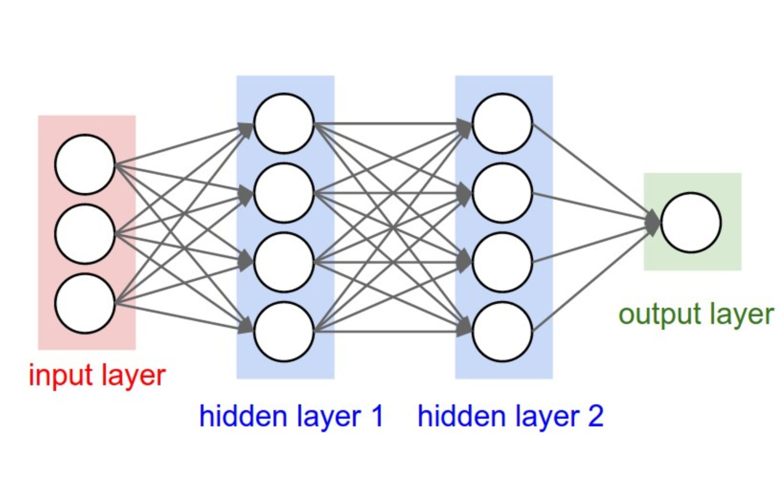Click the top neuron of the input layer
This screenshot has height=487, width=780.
click(x=85, y=165)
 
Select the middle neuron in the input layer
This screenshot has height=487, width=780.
click(x=85, y=234)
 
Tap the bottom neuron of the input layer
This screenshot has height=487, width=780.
click(x=85, y=303)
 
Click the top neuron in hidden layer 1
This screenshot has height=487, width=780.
click(x=284, y=123)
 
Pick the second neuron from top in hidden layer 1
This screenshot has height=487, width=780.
click(x=284, y=193)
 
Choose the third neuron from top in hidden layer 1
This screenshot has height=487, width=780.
click(x=284, y=262)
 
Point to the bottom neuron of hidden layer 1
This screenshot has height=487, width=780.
click(x=284, y=332)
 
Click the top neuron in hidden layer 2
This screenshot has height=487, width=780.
click(x=502, y=123)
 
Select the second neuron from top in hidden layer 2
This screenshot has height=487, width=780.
click(x=502, y=193)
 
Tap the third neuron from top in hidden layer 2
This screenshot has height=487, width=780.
click(x=502, y=262)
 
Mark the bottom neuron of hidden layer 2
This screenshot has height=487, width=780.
click(x=502, y=332)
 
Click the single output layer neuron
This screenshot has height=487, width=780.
click(x=691, y=223)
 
